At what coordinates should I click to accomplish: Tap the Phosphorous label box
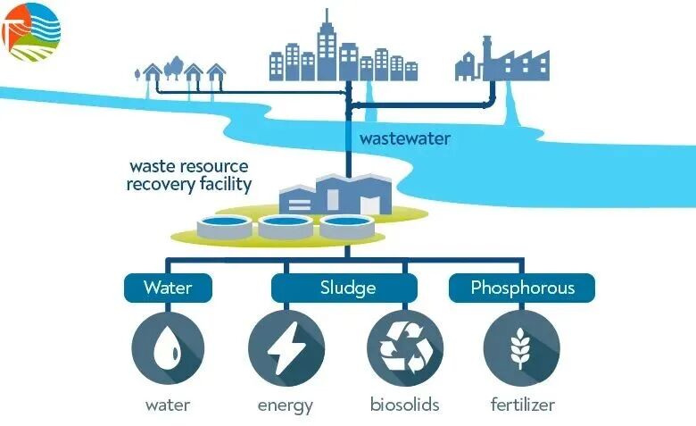[x=522, y=288]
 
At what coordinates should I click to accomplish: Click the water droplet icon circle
[x=168, y=347]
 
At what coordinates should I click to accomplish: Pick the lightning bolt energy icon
[x=286, y=347]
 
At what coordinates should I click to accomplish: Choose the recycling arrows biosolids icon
[x=405, y=347]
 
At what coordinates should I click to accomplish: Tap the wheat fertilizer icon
[x=522, y=347]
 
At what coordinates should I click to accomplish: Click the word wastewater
[x=404, y=139]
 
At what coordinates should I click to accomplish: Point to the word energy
[x=286, y=405]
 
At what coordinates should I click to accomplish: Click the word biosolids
[x=405, y=405]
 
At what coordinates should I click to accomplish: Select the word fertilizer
[x=523, y=405]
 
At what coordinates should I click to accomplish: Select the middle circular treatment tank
[x=285, y=227]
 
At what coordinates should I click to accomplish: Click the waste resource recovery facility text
[x=189, y=176]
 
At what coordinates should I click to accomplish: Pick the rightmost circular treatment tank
[x=345, y=227]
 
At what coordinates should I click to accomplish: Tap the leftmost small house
[x=152, y=71]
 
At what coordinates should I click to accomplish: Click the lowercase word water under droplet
[x=168, y=405]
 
